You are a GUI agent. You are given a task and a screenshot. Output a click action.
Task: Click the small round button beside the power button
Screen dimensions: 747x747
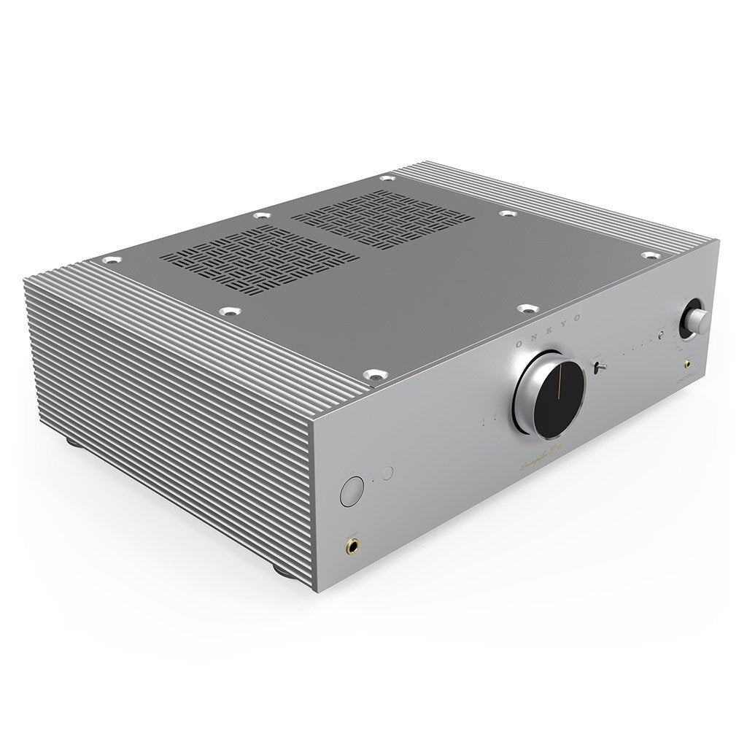[387, 473]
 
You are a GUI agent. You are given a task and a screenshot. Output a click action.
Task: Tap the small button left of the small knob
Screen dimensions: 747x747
[661, 336]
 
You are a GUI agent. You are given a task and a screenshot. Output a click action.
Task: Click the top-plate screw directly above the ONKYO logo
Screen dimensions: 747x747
[525, 310]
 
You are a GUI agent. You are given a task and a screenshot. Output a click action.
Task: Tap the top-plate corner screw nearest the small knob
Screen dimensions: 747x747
[649, 256]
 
